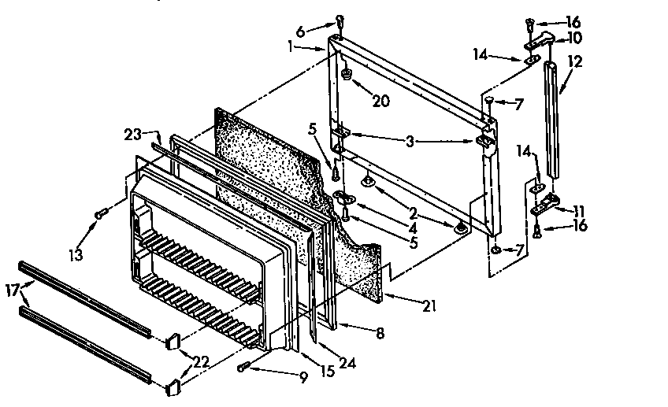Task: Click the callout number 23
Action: (x=132, y=134)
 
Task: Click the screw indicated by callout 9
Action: (x=243, y=367)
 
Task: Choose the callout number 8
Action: (x=380, y=334)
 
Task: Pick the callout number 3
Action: (x=410, y=142)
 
